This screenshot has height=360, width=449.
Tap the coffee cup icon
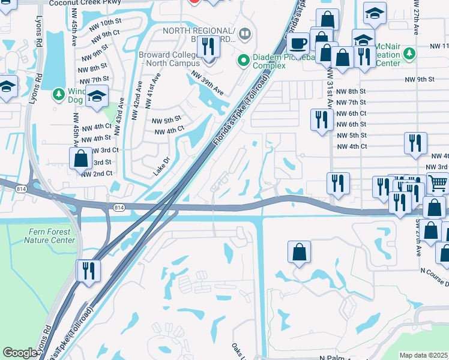(298, 43)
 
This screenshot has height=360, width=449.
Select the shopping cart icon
(438, 183)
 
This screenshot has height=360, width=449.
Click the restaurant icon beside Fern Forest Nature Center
(88, 270)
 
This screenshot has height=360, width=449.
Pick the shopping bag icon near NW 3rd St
(80, 159)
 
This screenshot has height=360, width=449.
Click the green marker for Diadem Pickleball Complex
(243, 59)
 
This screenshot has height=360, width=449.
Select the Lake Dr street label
(161, 167)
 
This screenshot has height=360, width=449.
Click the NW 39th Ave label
(208, 83)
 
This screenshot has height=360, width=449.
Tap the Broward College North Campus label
(170, 58)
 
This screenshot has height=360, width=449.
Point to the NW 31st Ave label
(330, 84)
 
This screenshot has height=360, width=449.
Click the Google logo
(20, 353)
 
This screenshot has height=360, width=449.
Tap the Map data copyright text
(423, 355)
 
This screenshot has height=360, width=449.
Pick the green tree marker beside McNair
(410, 54)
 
